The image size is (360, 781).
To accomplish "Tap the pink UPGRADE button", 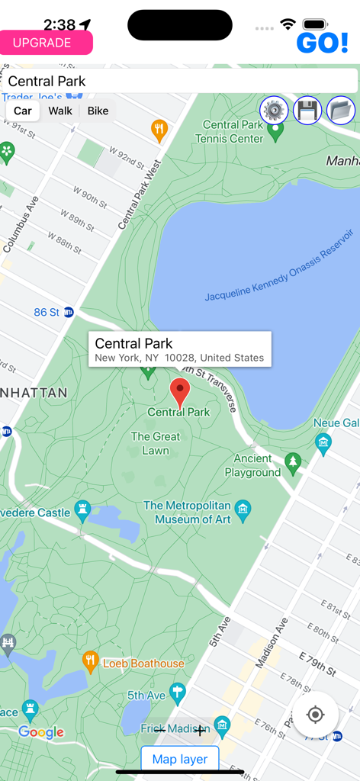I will pos(46,43).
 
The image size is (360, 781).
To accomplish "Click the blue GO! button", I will pos(322,43).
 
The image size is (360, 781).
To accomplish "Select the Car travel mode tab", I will pos(23,111).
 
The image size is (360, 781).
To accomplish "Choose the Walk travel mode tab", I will pos(60,111).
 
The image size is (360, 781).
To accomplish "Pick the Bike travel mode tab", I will pos(98,111).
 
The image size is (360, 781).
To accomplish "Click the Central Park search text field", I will pos(180,81).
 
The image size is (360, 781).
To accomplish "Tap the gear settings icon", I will pos(274,111).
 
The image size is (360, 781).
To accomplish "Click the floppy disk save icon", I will pos(307,111).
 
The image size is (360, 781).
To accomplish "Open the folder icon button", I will pos(341,111).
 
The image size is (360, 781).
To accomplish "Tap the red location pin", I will pos(179,392).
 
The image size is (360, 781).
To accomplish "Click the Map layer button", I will pos(180,759).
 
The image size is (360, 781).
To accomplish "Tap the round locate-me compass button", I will pos(315,715).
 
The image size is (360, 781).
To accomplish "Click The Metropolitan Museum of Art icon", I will pos(243,508).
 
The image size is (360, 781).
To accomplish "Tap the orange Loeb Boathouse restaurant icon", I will pos(91,660).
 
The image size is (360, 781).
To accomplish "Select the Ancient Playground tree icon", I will pos(293,461).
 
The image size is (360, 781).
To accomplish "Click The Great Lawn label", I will pos(156,443).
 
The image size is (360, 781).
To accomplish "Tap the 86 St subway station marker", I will pos(69,312).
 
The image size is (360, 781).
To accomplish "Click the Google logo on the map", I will pos(41,732).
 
